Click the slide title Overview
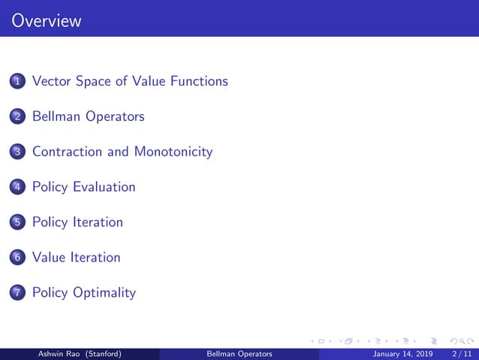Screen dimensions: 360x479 coord(47,21)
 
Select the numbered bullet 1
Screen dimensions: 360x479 coord(18,81)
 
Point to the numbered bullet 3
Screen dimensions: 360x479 coord(18,152)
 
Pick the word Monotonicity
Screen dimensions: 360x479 coord(173,152)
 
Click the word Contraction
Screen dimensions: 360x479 coord(68,152)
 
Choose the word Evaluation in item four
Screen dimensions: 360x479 coord(104,186)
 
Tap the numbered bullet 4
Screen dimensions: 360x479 coord(18,187)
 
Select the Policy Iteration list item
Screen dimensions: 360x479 coord(77,222)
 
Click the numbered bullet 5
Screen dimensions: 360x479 coord(18,222)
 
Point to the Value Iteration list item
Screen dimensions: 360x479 coord(76,257)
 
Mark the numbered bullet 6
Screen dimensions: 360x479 coord(18,258)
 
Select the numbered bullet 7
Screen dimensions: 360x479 coord(18,293)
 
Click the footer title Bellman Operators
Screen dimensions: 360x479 coord(239,353)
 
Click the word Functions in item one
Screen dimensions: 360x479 coord(199,80)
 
